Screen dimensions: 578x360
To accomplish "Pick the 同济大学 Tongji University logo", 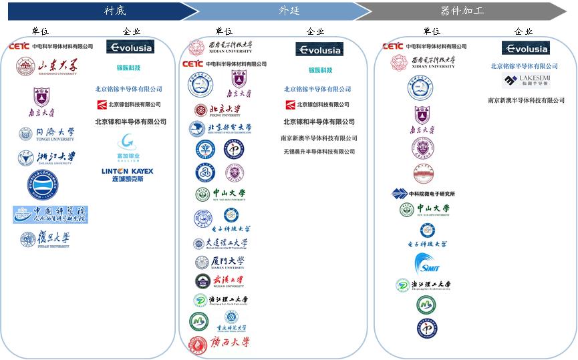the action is point(47,134).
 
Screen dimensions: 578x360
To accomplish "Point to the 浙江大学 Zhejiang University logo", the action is point(47,158).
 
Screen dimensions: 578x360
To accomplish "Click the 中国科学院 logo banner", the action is point(50,214).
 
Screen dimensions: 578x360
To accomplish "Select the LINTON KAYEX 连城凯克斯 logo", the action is point(127,175).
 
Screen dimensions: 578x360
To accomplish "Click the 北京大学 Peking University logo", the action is point(217,110).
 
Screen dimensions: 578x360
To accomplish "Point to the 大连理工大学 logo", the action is point(221,244).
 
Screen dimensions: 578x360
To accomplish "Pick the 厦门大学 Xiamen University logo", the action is point(220,262).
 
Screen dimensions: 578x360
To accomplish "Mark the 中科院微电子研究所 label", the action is point(424,194).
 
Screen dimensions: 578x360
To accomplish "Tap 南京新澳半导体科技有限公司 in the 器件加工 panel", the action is point(526,100).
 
